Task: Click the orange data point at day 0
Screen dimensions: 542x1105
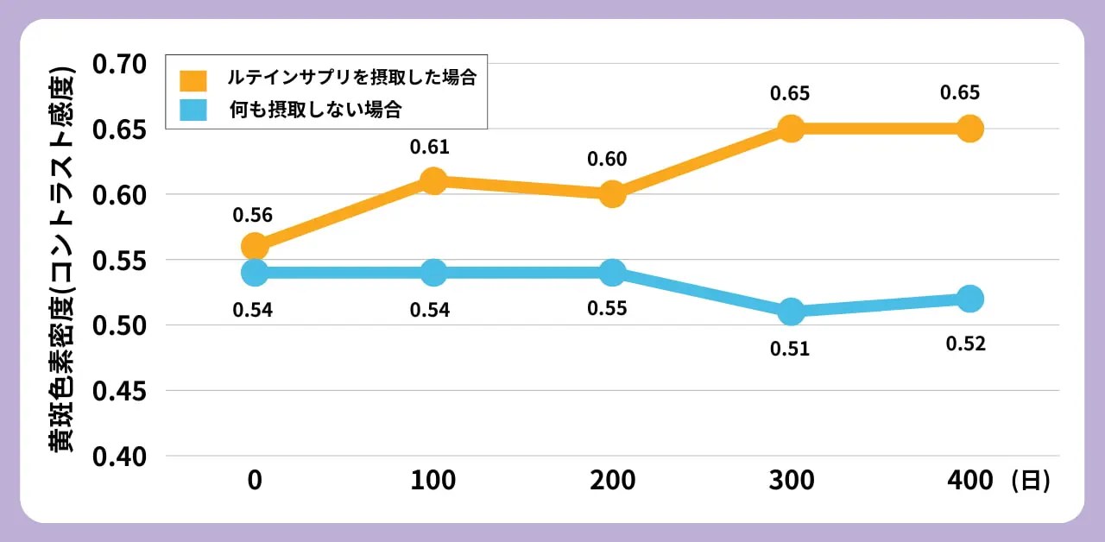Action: click(x=254, y=247)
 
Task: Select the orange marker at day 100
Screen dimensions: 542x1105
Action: click(x=433, y=181)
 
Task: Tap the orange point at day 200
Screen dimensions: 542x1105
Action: click(x=612, y=194)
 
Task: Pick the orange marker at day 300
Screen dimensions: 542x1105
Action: click(x=791, y=129)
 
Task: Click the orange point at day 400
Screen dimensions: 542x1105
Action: click(x=969, y=129)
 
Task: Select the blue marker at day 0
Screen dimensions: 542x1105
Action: click(x=254, y=273)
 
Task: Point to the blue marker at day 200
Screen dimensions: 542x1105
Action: click(x=612, y=273)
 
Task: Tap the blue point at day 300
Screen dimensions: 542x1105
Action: click(x=791, y=312)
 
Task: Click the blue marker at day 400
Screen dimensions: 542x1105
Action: click(x=969, y=299)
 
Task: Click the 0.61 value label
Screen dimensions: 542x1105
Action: click(x=430, y=148)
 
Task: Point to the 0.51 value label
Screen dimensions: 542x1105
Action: click(x=790, y=349)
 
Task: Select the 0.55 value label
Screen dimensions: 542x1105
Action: click(x=607, y=309)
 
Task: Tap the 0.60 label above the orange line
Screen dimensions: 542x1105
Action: click(x=607, y=160)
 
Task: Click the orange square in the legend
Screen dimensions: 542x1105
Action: click(x=193, y=79)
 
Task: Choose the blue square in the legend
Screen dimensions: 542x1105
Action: click(x=193, y=110)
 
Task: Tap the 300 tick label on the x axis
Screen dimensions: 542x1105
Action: click(x=791, y=481)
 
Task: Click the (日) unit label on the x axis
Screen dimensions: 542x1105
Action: click(x=1031, y=481)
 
